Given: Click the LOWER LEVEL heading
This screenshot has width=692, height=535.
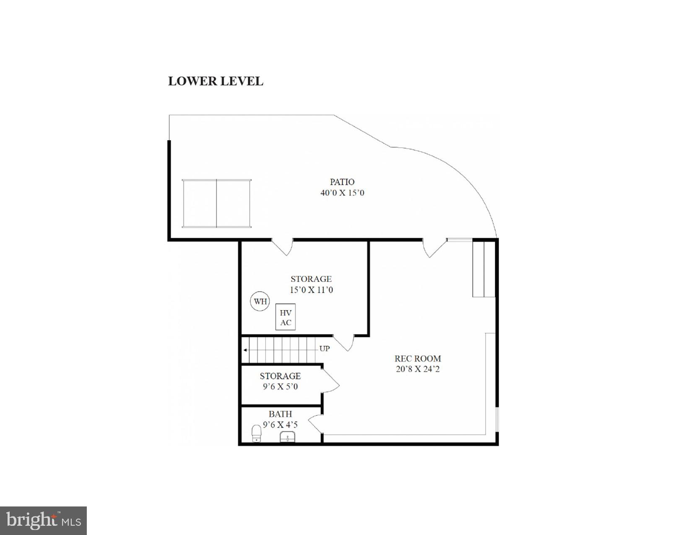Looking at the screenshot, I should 216,81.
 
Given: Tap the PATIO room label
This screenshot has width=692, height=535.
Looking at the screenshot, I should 342,182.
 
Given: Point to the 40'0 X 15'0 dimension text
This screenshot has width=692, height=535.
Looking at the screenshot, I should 342,193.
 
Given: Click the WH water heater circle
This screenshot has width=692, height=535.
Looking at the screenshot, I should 260,301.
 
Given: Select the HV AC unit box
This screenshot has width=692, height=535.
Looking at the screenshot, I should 286,317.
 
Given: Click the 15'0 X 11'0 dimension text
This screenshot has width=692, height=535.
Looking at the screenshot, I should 311,290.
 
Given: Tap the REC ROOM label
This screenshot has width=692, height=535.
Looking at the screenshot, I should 417,358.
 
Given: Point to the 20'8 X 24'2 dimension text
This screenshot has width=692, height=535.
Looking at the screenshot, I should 417,369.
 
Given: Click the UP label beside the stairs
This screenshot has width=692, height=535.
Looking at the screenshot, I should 325,349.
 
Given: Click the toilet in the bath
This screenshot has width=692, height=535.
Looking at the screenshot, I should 256,433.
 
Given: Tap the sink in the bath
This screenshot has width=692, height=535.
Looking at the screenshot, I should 288,437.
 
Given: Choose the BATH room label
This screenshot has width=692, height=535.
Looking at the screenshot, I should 280,414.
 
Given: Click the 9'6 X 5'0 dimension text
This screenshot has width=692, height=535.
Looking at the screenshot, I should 280,386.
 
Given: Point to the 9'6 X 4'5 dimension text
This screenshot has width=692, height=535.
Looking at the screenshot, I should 280,425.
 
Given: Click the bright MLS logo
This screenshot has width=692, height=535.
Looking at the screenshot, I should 44,521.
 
